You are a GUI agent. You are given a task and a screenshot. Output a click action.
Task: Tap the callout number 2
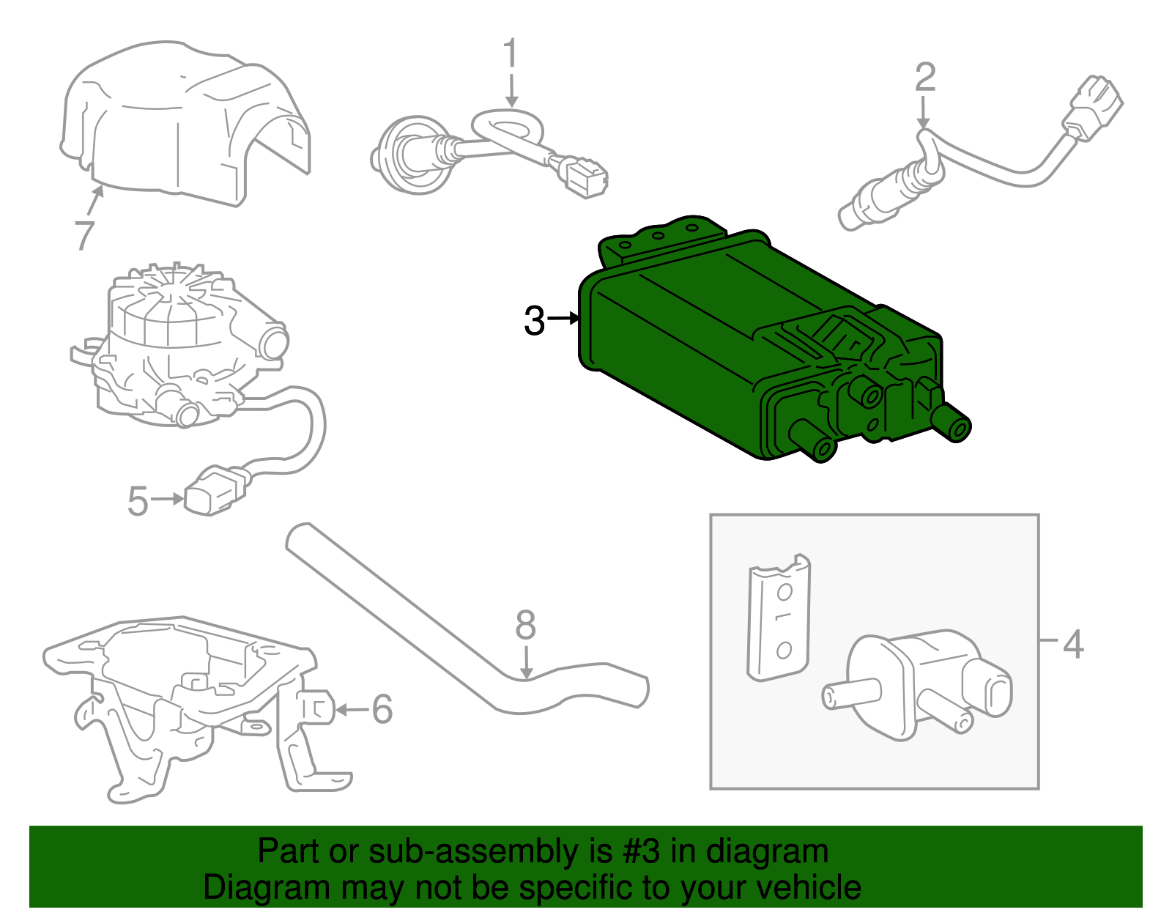(925, 78)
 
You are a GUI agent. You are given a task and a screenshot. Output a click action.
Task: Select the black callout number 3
(535, 320)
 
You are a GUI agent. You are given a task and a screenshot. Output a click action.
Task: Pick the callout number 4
(1073, 645)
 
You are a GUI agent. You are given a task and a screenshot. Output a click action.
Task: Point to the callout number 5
(138, 501)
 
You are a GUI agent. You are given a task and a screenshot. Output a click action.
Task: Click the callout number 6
(382, 710)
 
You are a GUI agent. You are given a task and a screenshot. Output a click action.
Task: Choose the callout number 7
(85, 236)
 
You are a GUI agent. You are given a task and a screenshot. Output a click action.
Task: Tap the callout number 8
(526, 626)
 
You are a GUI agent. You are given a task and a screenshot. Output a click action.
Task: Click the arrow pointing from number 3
(563, 319)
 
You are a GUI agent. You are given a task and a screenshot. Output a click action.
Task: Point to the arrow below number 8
(527, 662)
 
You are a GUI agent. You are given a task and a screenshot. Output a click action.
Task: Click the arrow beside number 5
(167, 500)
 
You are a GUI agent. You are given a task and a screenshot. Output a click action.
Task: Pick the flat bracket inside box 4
(779, 618)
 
